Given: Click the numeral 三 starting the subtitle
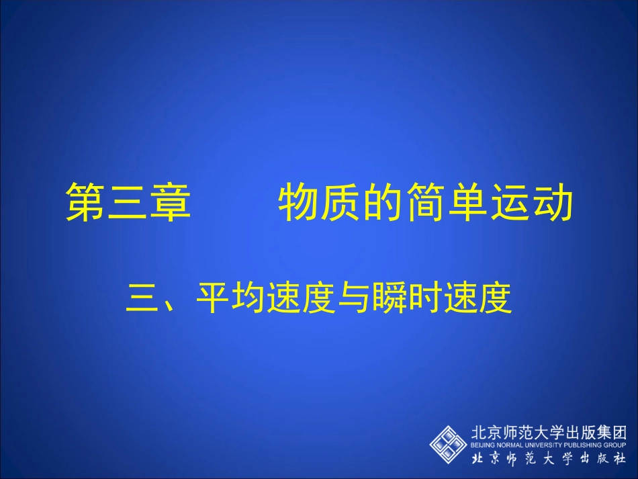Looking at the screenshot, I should coord(142,298).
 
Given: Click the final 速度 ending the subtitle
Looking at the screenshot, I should coord(477,298).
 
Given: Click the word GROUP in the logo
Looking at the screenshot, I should coord(614,445).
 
